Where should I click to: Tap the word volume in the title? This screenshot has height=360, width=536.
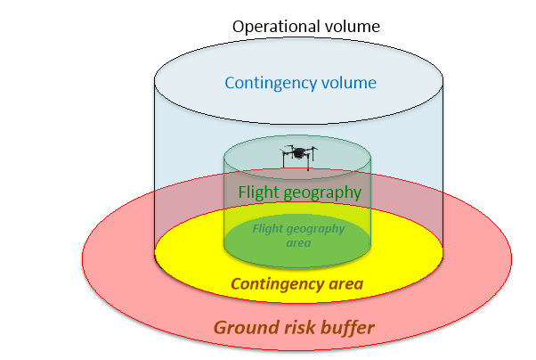(353, 26)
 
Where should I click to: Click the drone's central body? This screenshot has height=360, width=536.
(299, 152)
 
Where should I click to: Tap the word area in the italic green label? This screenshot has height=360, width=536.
(298, 242)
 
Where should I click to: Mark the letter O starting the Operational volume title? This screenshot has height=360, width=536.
(238, 26)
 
